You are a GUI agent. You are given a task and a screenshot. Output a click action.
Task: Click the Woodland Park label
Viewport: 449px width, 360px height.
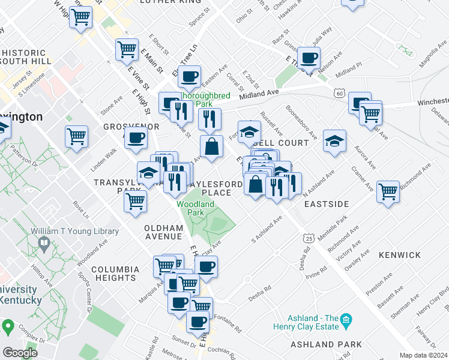195,208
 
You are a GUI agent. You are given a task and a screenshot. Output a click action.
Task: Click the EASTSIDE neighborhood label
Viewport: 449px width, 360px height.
326,204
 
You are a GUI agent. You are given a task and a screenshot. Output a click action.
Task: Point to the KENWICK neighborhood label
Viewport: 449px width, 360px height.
400,255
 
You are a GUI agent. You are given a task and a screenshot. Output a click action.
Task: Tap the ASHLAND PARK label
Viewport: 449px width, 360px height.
326,345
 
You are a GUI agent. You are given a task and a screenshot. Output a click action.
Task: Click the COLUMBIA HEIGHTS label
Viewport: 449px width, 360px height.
115,274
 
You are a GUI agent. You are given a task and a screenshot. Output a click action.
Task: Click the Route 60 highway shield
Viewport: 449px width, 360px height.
340,94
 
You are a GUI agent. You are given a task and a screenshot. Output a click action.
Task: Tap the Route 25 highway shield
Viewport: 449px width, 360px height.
309,238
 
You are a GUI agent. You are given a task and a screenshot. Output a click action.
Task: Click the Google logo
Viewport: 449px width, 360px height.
20,353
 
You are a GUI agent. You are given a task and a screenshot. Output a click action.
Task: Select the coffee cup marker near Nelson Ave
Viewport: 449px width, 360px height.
309,58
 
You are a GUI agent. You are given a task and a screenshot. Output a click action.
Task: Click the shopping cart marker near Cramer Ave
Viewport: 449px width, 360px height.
388,191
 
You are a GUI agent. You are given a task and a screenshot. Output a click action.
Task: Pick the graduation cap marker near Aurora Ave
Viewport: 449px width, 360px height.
334,141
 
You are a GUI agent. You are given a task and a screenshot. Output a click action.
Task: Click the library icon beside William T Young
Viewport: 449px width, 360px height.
44,243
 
